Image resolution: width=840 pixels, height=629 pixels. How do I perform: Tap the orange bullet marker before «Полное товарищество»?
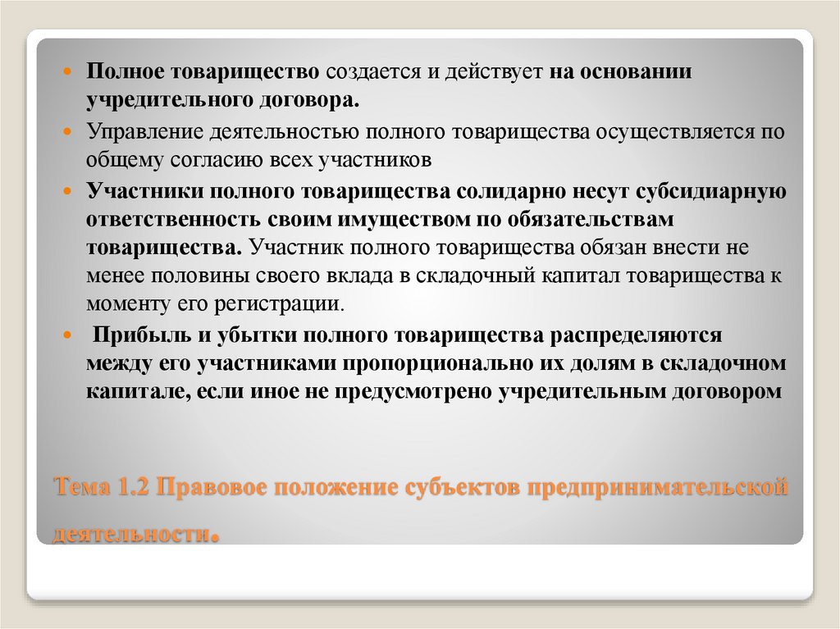[x=71, y=71]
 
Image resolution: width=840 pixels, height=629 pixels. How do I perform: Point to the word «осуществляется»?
[x=664, y=131]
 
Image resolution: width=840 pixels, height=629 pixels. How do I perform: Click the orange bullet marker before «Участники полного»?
[x=71, y=192]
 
